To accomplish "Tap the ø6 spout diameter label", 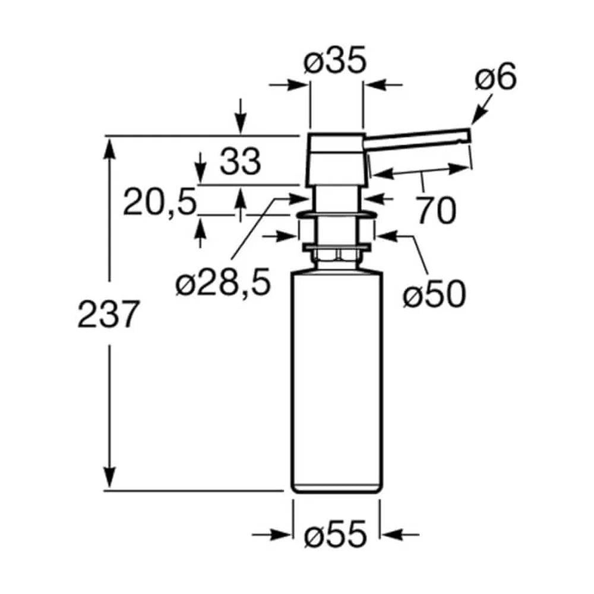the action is click(x=495, y=77).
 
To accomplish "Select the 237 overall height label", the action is click(x=107, y=314).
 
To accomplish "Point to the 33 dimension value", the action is click(x=241, y=162).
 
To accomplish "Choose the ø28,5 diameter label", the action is click(x=223, y=282).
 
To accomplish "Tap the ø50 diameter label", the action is click(x=434, y=294).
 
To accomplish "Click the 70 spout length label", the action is click(x=436, y=211).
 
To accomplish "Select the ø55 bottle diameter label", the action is click(x=336, y=535).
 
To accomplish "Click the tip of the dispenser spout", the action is click(x=469, y=135).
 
